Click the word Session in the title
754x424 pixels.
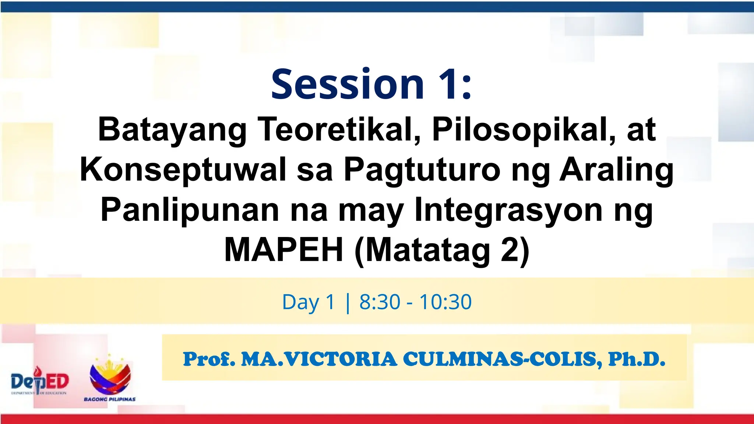(x=348, y=84)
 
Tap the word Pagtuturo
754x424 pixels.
(x=422, y=170)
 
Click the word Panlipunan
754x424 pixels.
(x=189, y=210)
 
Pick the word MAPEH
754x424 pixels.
(x=284, y=250)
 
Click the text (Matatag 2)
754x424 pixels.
(x=441, y=250)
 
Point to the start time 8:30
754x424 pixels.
(x=380, y=302)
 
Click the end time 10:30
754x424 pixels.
(x=445, y=302)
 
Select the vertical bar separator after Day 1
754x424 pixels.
(x=348, y=303)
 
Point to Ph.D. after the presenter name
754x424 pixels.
(x=637, y=359)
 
